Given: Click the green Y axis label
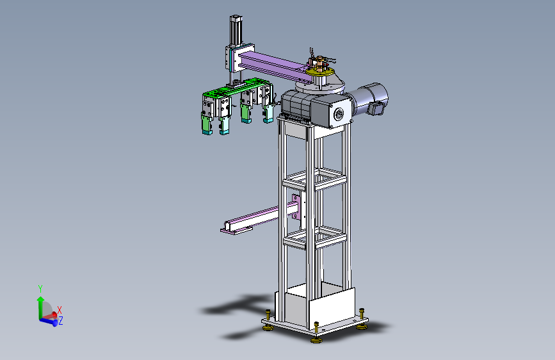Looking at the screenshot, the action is [40, 289].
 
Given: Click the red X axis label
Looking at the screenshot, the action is [60, 311].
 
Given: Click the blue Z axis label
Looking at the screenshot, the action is [61, 321].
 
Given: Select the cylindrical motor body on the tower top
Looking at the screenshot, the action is [370, 99].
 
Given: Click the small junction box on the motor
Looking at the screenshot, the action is [376, 108].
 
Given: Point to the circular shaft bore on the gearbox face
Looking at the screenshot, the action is [339, 114].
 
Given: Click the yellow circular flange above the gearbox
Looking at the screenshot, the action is [320, 72].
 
